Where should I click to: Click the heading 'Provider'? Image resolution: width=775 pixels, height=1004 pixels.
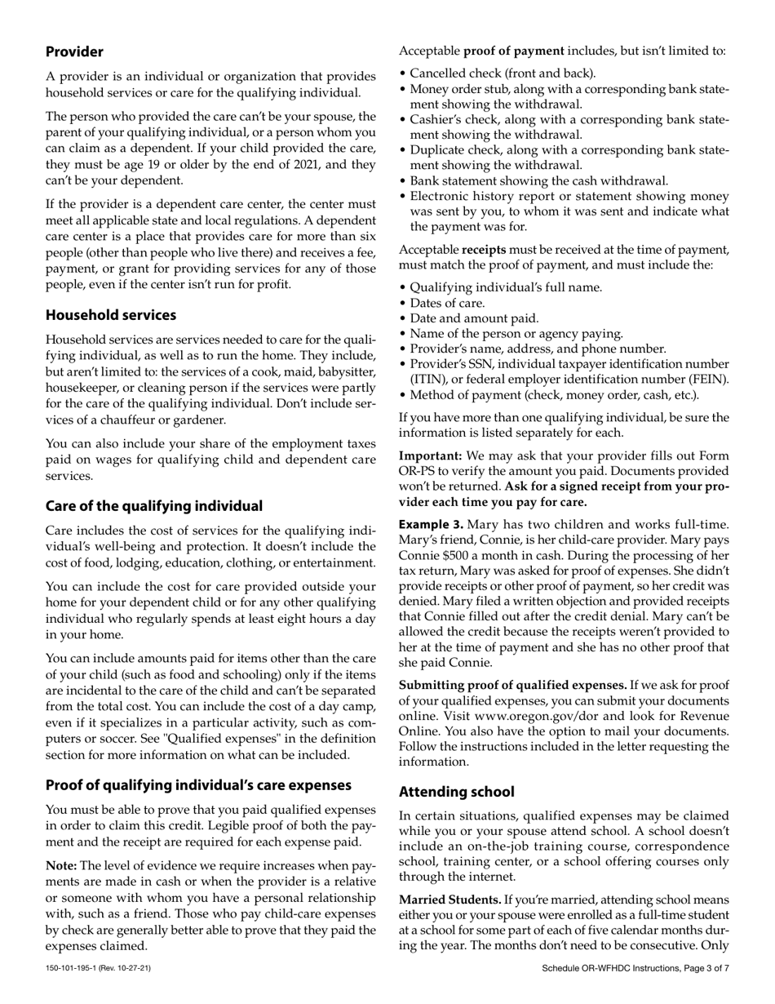tap(74, 51)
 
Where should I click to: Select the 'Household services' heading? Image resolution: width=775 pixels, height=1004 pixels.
tap(110, 315)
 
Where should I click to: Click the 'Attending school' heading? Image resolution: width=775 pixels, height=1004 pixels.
tap(456, 792)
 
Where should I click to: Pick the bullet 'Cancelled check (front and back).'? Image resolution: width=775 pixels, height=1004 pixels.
tap(503, 73)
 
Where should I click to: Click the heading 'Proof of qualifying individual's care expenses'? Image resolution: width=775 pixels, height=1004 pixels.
tap(198, 785)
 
